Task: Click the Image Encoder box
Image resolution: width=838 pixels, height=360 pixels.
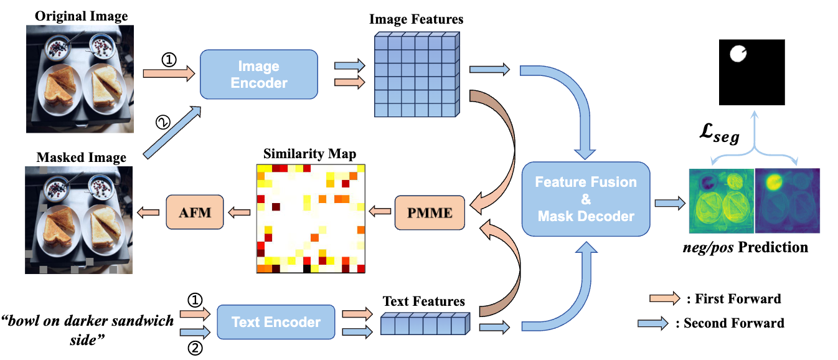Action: click(x=259, y=74)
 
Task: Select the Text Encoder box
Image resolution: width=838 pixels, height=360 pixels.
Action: click(x=276, y=322)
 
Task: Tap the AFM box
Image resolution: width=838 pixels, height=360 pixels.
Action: click(x=194, y=212)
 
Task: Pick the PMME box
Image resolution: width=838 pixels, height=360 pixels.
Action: click(x=430, y=212)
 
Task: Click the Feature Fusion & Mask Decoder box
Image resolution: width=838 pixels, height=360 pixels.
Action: click(x=586, y=199)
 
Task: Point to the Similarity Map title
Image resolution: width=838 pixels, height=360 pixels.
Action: click(x=310, y=154)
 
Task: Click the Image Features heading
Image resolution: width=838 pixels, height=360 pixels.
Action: click(x=417, y=19)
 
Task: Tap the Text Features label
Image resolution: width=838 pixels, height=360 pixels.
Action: click(x=423, y=301)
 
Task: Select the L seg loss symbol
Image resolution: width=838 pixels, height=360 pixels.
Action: click(x=719, y=133)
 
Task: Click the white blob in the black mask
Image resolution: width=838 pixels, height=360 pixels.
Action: click(x=738, y=54)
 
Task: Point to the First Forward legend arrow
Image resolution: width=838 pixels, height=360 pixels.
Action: click(x=664, y=298)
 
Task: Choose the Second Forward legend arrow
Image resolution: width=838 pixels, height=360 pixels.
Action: click(x=653, y=323)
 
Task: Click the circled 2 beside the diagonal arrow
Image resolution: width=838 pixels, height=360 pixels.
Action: click(x=162, y=122)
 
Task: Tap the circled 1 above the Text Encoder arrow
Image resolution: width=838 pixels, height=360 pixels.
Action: click(x=195, y=300)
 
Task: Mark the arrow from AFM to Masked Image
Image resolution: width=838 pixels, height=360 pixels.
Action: click(x=148, y=212)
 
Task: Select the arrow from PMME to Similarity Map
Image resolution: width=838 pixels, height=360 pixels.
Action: click(x=380, y=211)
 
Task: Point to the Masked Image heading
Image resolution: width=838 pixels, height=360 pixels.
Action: click(x=81, y=158)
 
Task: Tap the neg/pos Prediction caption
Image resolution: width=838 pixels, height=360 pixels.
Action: click(x=746, y=247)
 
